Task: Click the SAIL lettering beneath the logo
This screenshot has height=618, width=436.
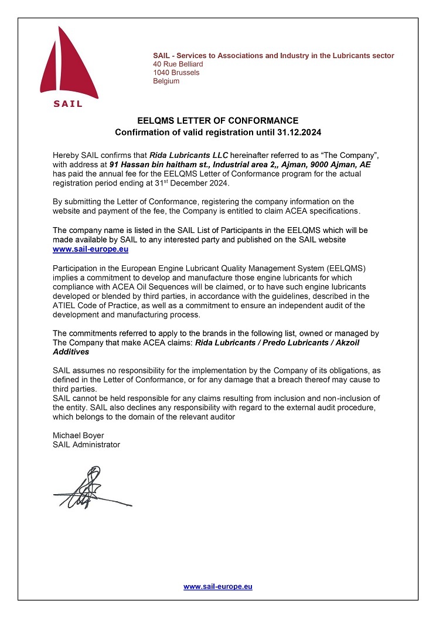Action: (x=68, y=104)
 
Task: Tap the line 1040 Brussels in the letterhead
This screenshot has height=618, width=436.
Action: (x=176, y=73)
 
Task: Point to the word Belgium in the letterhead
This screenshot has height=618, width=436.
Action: (x=166, y=82)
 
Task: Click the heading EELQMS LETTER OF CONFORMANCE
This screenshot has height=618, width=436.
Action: (x=218, y=121)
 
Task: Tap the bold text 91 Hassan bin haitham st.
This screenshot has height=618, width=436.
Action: (x=161, y=166)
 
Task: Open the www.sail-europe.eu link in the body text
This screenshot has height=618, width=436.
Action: (x=90, y=249)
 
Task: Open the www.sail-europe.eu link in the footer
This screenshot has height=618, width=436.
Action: (x=217, y=586)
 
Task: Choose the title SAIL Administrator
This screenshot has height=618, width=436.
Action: (x=86, y=445)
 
